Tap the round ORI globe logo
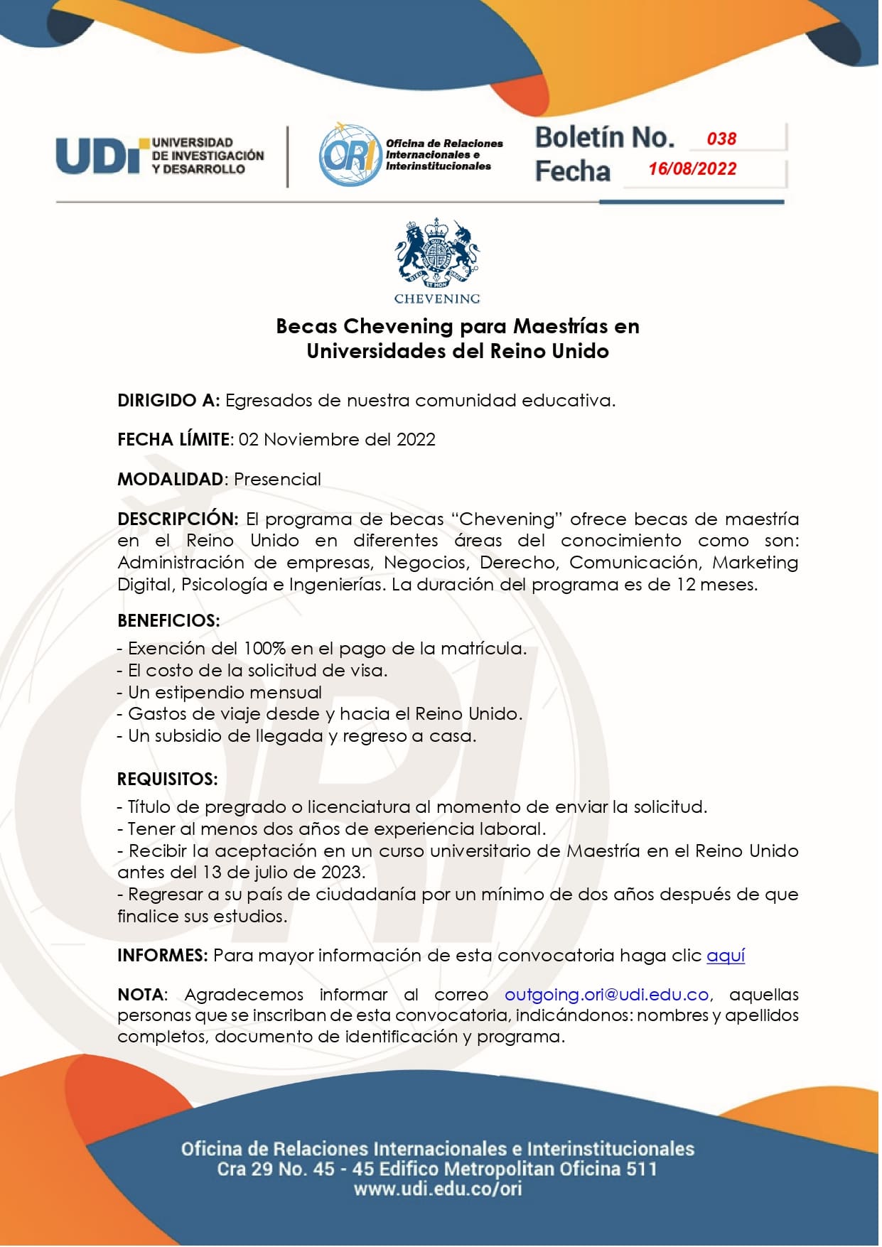(x=349, y=155)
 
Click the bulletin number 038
(x=721, y=139)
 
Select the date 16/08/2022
(x=692, y=169)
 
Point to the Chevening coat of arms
(x=437, y=253)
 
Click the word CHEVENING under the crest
(x=437, y=299)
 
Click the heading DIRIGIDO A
(x=168, y=401)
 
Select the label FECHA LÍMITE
(x=174, y=440)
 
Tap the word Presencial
(x=277, y=480)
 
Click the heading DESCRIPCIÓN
(x=178, y=519)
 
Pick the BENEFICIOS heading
(x=168, y=621)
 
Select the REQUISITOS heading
(x=167, y=779)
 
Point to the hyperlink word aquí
(x=726, y=956)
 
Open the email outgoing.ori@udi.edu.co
(x=607, y=995)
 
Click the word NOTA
(x=141, y=995)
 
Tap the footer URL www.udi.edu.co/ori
(x=438, y=1189)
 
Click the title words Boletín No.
(x=604, y=138)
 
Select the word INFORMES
(x=162, y=956)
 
